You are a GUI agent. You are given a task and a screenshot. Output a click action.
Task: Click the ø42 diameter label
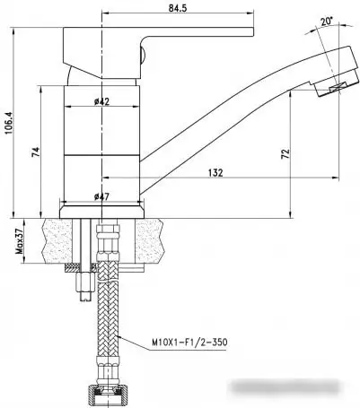101,101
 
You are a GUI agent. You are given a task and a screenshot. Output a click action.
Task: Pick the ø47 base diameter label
101,196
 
